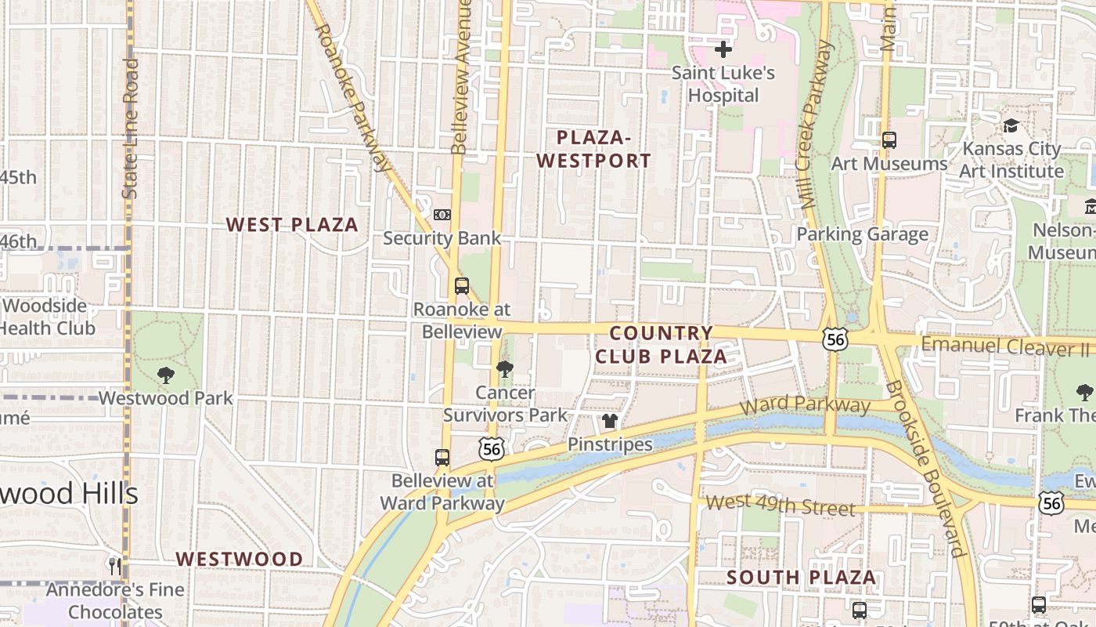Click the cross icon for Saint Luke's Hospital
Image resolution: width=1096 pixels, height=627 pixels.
[723, 49]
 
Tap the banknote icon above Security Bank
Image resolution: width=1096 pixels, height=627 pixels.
[442, 214]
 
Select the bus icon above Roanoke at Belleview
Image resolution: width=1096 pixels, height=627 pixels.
[462, 286]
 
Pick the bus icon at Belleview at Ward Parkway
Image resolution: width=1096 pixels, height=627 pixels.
[442, 458]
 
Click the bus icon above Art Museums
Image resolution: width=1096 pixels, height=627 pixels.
[889, 140]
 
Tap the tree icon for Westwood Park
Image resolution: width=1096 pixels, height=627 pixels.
[165, 375]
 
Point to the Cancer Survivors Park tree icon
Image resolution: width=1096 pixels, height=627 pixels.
[505, 368]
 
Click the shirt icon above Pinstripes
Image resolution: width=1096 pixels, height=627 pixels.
[610, 422]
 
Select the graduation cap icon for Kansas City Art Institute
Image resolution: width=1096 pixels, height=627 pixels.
[1011, 126]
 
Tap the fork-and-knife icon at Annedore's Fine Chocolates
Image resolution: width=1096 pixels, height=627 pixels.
[115, 566]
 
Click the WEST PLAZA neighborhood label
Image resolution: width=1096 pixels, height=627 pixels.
[292, 225]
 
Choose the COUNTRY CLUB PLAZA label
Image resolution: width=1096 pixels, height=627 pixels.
[661, 345]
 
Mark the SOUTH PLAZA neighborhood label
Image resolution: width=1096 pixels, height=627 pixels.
[801, 578]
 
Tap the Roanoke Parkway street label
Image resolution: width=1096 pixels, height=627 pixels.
[352, 97]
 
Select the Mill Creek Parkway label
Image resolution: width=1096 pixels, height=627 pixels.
[817, 125]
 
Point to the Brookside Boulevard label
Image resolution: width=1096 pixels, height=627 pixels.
[924, 469]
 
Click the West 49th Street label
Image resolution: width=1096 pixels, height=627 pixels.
[780, 505]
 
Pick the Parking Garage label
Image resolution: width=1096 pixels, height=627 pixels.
[862, 234]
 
